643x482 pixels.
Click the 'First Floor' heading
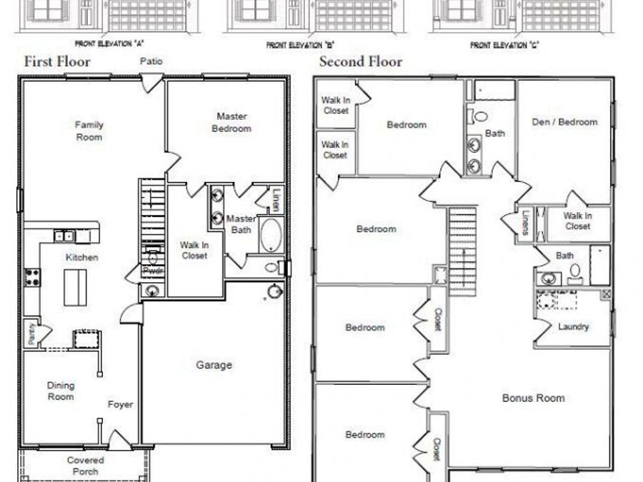point(57,61)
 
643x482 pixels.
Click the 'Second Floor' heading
point(360,61)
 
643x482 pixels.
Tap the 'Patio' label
point(151,61)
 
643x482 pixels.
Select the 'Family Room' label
point(89,131)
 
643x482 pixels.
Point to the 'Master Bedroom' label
point(231,122)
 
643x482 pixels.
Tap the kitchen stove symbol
point(31,277)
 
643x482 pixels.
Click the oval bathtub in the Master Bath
point(269,235)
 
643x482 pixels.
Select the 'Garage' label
point(214,365)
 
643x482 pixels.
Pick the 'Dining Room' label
point(61,391)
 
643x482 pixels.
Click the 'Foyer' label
point(120,404)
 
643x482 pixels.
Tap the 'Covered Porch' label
point(86,466)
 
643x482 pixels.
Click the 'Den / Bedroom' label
point(564,121)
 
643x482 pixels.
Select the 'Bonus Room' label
point(533,398)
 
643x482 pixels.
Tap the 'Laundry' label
point(573,327)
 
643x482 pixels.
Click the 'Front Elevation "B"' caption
point(301,44)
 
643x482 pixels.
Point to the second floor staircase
point(462,249)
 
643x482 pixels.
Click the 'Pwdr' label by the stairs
point(152,271)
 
